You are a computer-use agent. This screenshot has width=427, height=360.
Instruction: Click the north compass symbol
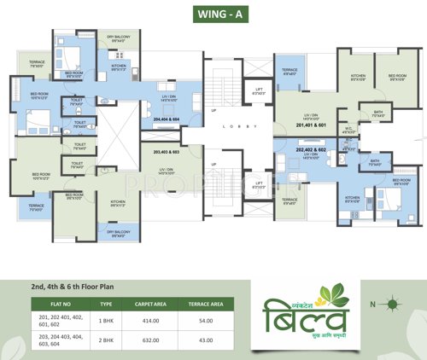tap(391, 303)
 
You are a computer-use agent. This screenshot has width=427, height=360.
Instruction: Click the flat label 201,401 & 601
tap(311, 125)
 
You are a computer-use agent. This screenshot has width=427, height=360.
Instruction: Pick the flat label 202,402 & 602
tap(311, 150)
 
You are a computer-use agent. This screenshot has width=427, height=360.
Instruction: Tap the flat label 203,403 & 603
tap(167, 152)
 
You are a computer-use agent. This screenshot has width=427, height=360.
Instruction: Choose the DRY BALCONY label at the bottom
tap(118, 233)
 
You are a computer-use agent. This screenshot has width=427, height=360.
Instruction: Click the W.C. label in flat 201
tap(348, 131)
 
